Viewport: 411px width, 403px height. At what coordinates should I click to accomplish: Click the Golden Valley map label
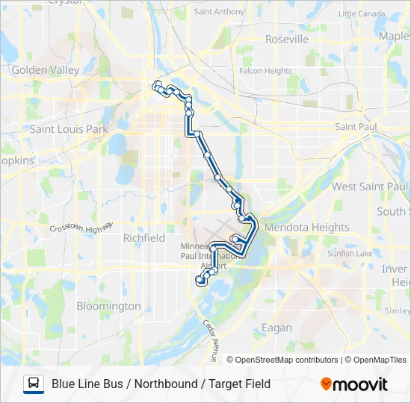pyautogui.click(x=45, y=70)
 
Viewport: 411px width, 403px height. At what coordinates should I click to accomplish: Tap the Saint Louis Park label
pyautogui.click(x=69, y=129)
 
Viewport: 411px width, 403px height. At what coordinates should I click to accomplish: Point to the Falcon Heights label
pyautogui.click(x=265, y=71)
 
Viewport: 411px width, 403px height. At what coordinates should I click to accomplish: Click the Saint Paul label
pyautogui.click(x=356, y=127)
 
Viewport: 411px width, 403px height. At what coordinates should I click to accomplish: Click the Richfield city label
pyautogui.click(x=143, y=238)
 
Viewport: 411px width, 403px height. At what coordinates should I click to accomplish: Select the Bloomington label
pyautogui.click(x=108, y=306)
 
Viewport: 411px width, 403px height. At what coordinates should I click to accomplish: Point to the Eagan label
pyautogui.click(x=276, y=307)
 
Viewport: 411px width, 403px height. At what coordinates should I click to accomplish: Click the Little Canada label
pyautogui.click(x=362, y=13)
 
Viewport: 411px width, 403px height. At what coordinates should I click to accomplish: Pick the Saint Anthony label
pyautogui.click(x=218, y=12)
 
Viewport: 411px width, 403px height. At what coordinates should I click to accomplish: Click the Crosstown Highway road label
pyautogui.click(x=81, y=225)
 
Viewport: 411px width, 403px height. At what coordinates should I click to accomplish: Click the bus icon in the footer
pyautogui.click(x=34, y=384)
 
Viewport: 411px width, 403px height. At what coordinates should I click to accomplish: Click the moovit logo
pyautogui.click(x=354, y=384)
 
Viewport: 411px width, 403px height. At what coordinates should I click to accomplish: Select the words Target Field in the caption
pyautogui.click(x=240, y=384)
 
